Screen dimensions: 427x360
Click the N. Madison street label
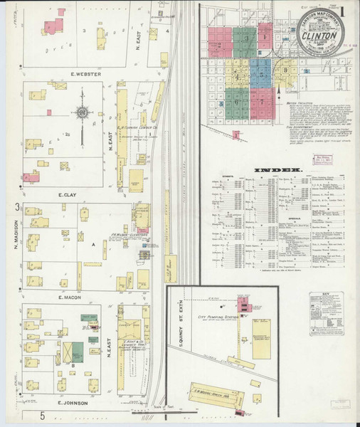[15, 238]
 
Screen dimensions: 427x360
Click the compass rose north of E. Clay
[82, 112]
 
